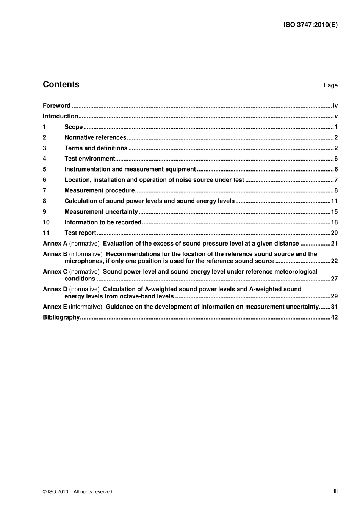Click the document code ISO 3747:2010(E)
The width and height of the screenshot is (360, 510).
pyautogui.click(x=310, y=25)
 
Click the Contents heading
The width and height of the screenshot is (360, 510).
pyautogui.click(x=61, y=85)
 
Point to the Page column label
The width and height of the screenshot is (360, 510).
pyautogui.click(x=330, y=85)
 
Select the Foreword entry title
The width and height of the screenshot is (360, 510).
pyautogui.click(x=56, y=106)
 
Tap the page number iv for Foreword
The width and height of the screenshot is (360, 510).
pyautogui.click(x=335, y=106)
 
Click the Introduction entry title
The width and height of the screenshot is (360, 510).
pyautogui.click(x=60, y=116)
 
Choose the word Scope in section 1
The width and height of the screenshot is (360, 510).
pyautogui.click(x=74, y=127)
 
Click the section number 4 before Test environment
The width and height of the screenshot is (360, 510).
pyautogui.click(x=45, y=159)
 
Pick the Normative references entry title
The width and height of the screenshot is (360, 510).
pyautogui.click(x=95, y=138)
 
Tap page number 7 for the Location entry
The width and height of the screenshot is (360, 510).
pyautogui.click(x=336, y=180)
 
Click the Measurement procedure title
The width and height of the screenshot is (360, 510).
pyautogui.click(x=100, y=191)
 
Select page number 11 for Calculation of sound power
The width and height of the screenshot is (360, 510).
pyautogui.click(x=334, y=201)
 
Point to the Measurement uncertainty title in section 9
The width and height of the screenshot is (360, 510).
pyautogui.click(x=101, y=212)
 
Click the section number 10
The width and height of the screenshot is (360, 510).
pyautogui.click(x=46, y=223)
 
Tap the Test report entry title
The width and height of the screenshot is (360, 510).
pyautogui.click(x=80, y=233)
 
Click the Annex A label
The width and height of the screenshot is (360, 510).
pyautogui.click(x=55, y=244)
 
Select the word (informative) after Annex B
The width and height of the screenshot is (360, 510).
pyautogui.click(x=86, y=254)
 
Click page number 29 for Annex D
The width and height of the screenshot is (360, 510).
pyautogui.click(x=334, y=296)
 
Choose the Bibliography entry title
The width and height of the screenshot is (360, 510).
pyautogui.click(x=61, y=318)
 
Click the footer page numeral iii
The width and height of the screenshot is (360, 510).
pyautogui.click(x=335, y=491)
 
